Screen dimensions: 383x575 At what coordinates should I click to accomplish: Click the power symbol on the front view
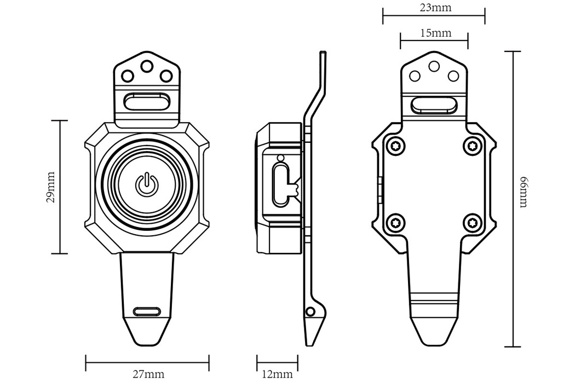tap(146, 184)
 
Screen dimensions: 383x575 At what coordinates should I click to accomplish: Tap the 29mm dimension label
tap(51, 187)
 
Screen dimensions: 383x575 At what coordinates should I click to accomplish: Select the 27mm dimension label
tap(148, 374)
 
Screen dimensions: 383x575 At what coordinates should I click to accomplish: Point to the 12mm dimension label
tap(277, 374)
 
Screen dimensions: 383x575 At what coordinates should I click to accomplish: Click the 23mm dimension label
tap(433, 8)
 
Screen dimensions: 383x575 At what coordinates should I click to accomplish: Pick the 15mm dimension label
tap(435, 33)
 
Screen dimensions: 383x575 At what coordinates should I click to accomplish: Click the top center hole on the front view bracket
tap(146, 66)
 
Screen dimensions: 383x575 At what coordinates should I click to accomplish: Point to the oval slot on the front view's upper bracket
tap(146, 102)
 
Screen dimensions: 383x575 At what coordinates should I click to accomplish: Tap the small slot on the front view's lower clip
tap(147, 311)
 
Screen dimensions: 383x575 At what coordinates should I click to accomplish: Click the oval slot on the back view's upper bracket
tap(434, 105)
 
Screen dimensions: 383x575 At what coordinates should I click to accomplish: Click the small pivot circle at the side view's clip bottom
tap(311, 312)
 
